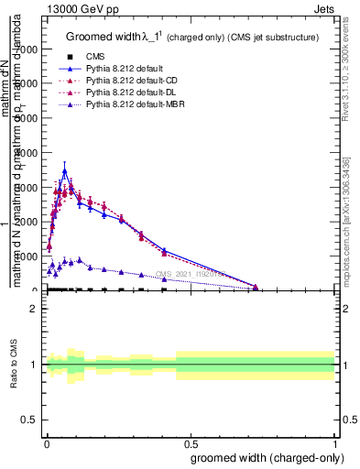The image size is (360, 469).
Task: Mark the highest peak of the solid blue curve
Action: (64, 170)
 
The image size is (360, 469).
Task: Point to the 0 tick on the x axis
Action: (47, 444)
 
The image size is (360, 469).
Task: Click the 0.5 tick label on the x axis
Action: (191, 444)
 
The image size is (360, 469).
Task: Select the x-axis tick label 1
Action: (335, 444)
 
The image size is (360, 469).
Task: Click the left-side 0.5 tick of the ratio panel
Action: (30, 420)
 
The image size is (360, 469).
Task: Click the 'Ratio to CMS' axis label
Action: (14, 365)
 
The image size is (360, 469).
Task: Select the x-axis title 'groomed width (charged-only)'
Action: (265, 457)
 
